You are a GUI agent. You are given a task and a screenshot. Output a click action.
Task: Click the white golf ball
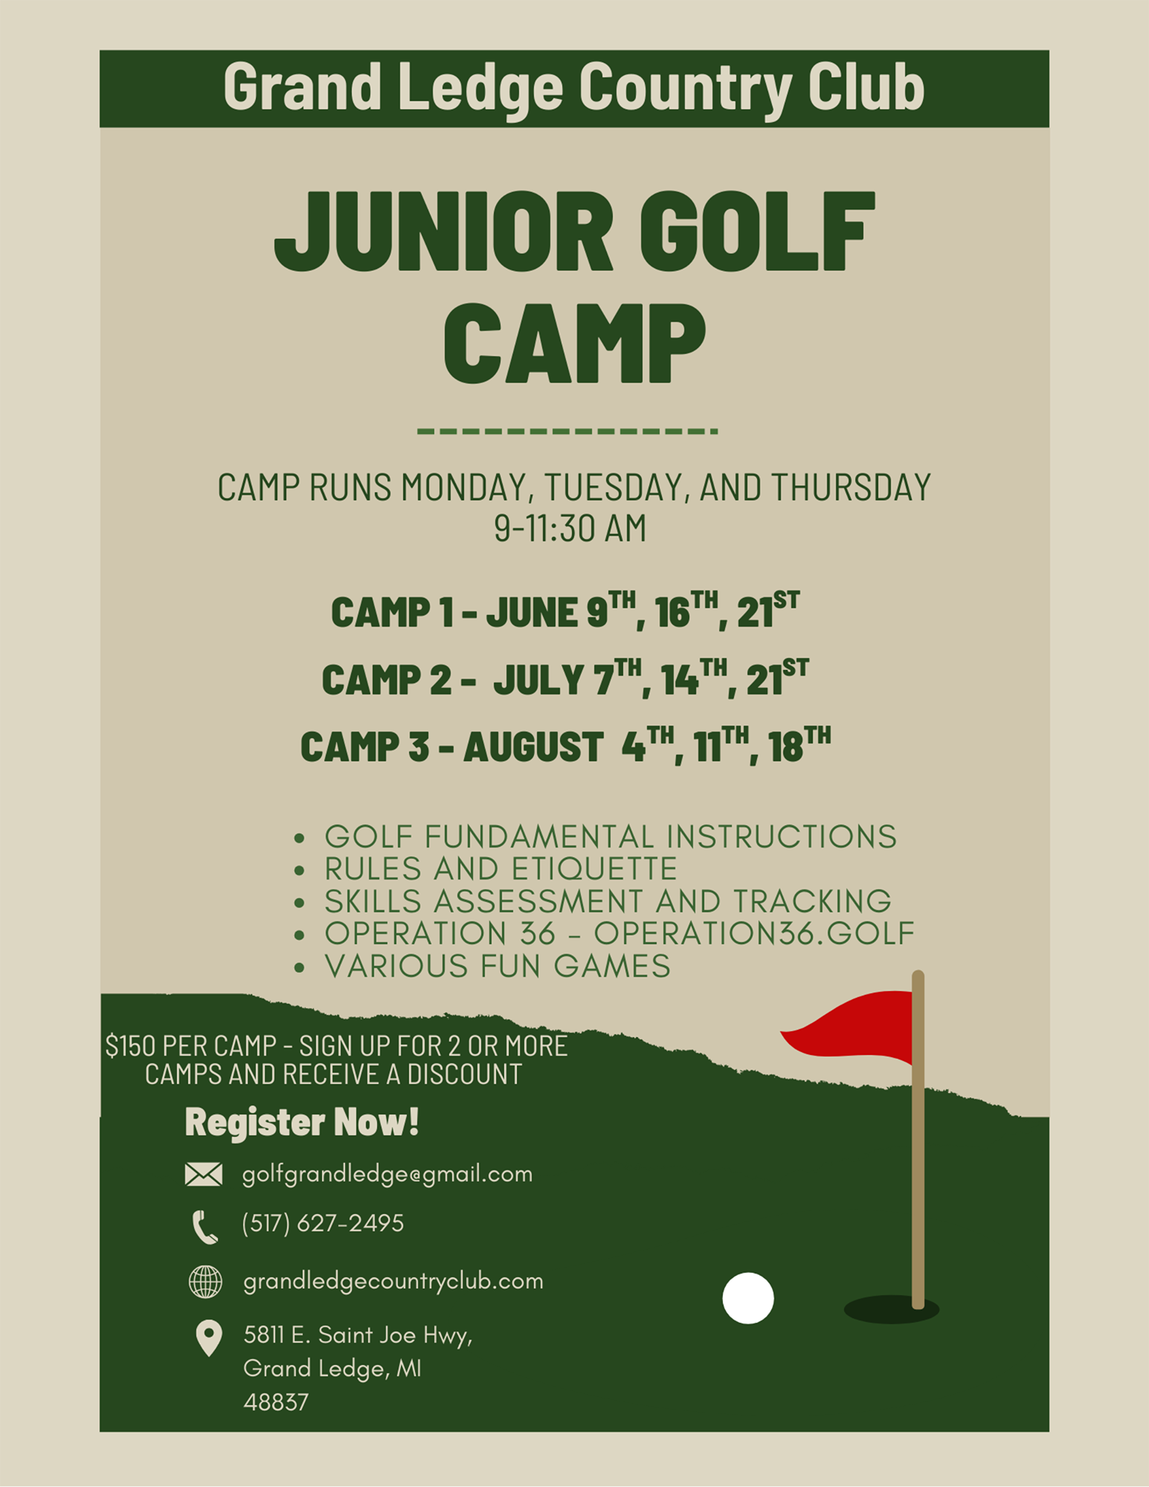pyautogui.click(x=748, y=1298)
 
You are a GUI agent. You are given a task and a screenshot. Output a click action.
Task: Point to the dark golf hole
pyautogui.click(x=891, y=1309)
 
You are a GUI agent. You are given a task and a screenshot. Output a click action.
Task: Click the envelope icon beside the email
pyautogui.click(x=203, y=1174)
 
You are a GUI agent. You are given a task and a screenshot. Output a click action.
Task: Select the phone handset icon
pyautogui.click(x=205, y=1227)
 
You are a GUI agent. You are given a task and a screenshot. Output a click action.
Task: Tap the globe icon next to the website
pyautogui.click(x=205, y=1282)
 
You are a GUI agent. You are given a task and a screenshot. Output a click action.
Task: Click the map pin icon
pyautogui.click(x=209, y=1338)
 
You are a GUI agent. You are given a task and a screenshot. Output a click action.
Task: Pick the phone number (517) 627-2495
pyautogui.click(x=323, y=1223)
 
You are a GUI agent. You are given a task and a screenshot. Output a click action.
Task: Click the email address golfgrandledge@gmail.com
pyautogui.click(x=387, y=1174)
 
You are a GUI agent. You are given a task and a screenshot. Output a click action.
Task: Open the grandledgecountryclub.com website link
pyautogui.click(x=393, y=1282)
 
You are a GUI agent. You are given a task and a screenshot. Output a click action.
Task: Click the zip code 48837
pyautogui.click(x=276, y=1402)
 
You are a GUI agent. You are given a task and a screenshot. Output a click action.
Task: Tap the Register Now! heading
pyautogui.click(x=302, y=1121)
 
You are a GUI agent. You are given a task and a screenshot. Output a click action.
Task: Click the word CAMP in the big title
pyautogui.click(x=574, y=343)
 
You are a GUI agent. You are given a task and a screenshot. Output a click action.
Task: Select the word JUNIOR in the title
pyautogui.click(x=444, y=232)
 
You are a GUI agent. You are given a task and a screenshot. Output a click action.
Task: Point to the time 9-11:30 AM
pyautogui.click(x=570, y=529)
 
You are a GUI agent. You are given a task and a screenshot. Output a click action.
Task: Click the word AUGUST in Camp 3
pyautogui.click(x=533, y=747)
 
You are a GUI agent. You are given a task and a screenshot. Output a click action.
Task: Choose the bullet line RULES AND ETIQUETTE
pyautogui.click(x=501, y=868)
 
